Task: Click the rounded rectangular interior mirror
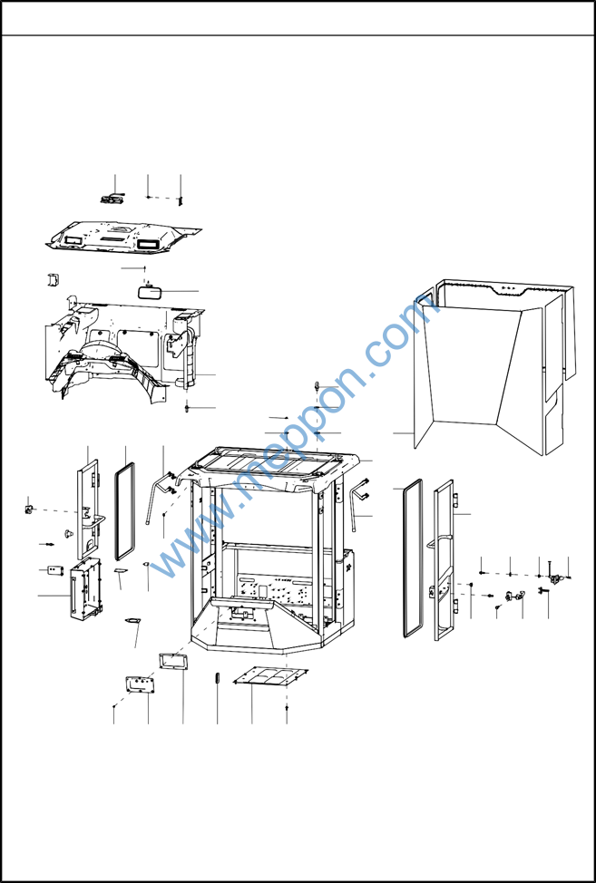tap(150, 293)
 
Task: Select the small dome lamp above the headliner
tap(112, 199)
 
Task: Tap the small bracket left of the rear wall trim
tap(53, 278)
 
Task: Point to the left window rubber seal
tap(125, 511)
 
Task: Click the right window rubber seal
tap(413, 558)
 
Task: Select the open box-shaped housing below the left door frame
tap(85, 589)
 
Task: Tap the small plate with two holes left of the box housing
tap(55, 570)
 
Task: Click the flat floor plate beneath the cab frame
tap(271, 676)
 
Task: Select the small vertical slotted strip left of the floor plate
tap(217, 677)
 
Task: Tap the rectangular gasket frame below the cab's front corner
tap(173, 661)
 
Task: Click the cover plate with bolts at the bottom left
tap(141, 684)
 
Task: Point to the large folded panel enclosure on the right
tap(494, 367)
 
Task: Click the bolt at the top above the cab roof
tap(318, 386)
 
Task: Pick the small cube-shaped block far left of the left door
tap(27, 509)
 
